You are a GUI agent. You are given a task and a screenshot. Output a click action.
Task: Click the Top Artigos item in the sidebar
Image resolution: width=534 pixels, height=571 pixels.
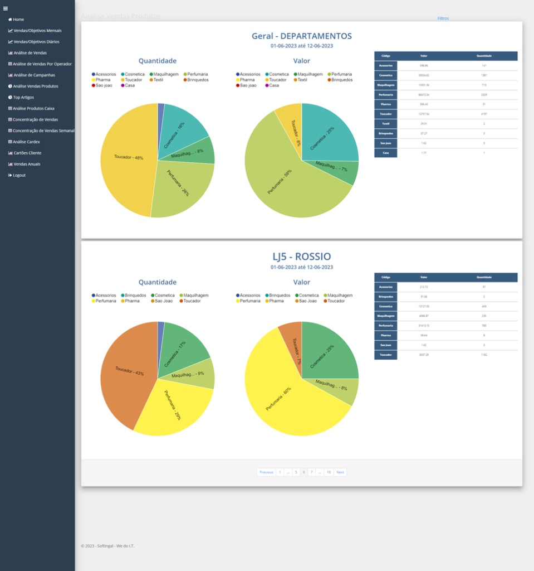[x=23, y=98]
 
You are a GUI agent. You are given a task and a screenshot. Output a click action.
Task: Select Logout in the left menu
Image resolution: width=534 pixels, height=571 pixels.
[x=19, y=175]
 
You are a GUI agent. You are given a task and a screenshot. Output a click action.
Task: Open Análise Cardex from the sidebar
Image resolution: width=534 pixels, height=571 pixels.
[x=26, y=142]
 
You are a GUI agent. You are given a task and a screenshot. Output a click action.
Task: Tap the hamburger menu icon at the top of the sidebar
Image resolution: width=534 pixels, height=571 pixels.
[x=6, y=8]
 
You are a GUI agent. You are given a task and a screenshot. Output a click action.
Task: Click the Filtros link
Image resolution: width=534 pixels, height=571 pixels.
[x=443, y=18]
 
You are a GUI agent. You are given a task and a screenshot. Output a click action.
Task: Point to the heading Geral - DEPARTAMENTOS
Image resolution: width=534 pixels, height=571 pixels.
[x=301, y=36]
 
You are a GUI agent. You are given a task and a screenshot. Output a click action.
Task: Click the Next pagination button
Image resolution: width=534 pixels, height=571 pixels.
[x=340, y=472]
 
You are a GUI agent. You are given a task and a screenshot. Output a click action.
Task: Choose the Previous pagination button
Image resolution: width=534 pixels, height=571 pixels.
[x=266, y=472]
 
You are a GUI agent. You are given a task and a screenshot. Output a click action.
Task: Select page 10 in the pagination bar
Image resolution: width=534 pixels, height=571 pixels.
[x=329, y=472]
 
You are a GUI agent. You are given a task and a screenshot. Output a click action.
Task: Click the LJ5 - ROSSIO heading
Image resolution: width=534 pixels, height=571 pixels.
[x=301, y=257]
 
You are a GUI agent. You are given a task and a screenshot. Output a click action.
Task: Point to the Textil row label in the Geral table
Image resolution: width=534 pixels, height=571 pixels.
[x=385, y=123]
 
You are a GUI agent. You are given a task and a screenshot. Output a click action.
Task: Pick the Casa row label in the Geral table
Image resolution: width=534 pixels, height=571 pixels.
[x=385, y=152]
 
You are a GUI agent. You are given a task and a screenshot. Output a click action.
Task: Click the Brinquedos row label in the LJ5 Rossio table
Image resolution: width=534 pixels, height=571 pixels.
[x=385, y=297]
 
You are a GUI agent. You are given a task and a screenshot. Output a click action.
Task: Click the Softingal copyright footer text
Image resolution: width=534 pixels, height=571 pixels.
[x=107, y=546]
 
